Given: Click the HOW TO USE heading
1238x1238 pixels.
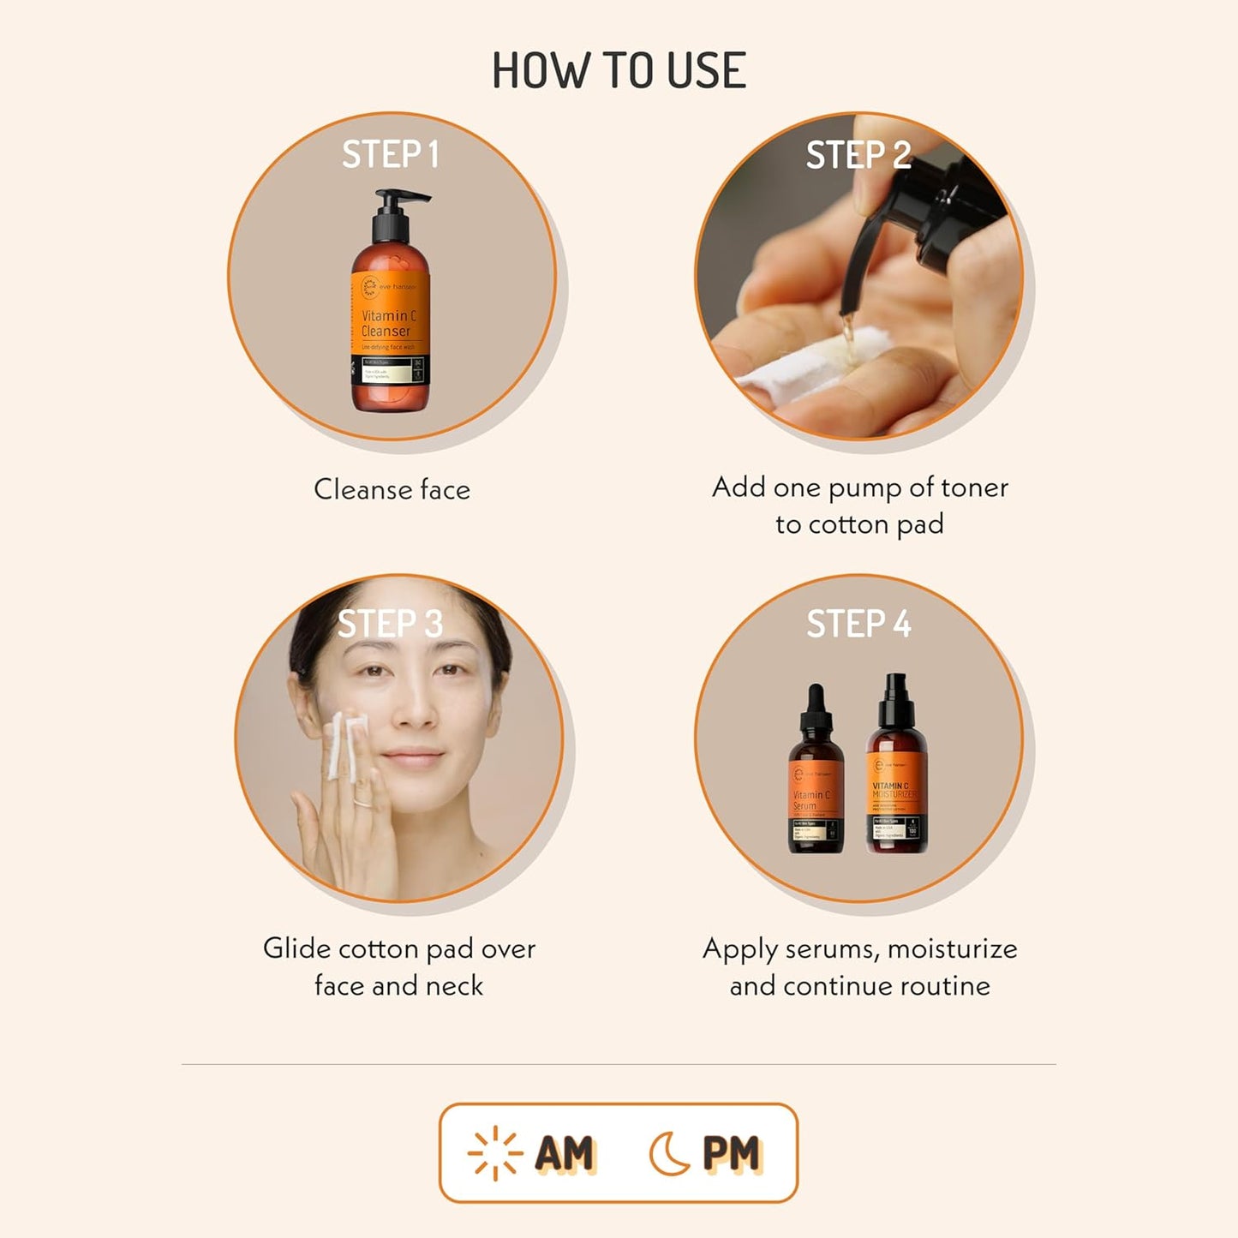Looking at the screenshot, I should click(x=619, y=70).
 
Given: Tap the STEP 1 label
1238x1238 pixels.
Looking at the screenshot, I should click(x=391, y=155).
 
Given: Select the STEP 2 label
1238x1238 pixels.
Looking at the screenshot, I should click(x=858, y=155).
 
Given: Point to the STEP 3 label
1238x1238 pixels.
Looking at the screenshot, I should click(x=391, y=624).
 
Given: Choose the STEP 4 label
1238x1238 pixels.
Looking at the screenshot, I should click(x=858, y=624).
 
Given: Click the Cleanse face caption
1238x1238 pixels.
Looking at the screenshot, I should click(x=392, y=489).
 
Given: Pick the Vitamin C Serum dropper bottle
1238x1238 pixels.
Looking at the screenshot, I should click(x=815, y=780).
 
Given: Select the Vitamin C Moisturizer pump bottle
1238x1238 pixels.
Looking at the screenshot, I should click(x=896, y=775).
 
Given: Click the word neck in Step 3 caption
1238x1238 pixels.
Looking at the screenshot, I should click(x=454, y=986).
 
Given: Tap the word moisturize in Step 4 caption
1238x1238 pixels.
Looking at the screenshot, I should click(x=952, y=949).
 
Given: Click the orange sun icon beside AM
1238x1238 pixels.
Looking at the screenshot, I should click(x=494, y=1153).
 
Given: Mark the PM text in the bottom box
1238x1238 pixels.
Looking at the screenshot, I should click(x=731, y=1153).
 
